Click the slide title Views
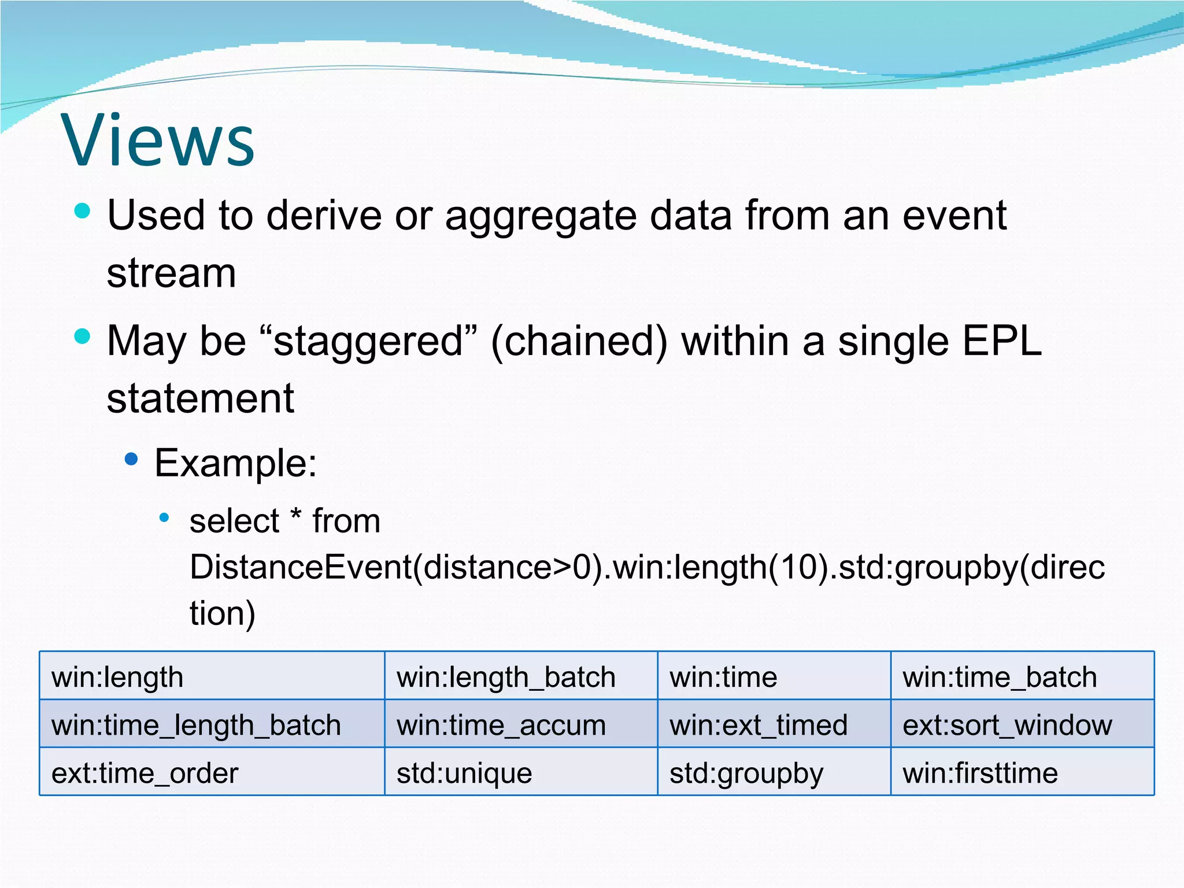157,140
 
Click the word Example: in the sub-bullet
236,463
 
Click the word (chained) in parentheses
579,341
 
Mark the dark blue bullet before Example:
132,460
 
